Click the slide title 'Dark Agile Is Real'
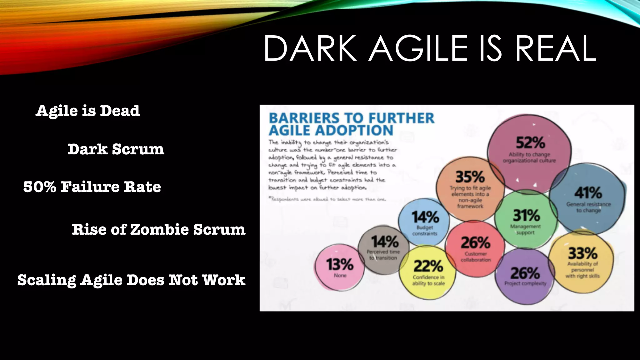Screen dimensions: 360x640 pos(430,48)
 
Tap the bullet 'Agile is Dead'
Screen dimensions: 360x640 pos(88,111)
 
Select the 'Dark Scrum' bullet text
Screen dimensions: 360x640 pos(116,149)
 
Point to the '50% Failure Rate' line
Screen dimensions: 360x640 pos(92,187)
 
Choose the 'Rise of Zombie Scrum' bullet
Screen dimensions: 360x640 pos(158,229)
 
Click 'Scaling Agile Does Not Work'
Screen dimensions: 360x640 pos(131,280)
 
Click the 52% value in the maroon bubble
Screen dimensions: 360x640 pos(530,143)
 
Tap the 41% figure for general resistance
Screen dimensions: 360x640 pos(588,192)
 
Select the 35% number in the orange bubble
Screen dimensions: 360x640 pos(470,177)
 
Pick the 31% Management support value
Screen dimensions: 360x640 pos(526,215)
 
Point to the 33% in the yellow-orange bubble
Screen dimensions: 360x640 pos(582,253)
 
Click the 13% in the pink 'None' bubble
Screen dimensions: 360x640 pos(340,265)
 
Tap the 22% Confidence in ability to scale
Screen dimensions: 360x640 pos(428,266)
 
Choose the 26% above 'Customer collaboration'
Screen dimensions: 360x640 pos(476,243)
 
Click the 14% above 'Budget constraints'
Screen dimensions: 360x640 pos(425,217)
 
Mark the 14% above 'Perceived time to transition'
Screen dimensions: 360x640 pos(385,242)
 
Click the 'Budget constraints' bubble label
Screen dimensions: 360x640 pos(425,231)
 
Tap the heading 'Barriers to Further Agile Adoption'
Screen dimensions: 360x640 pos(352,124)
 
